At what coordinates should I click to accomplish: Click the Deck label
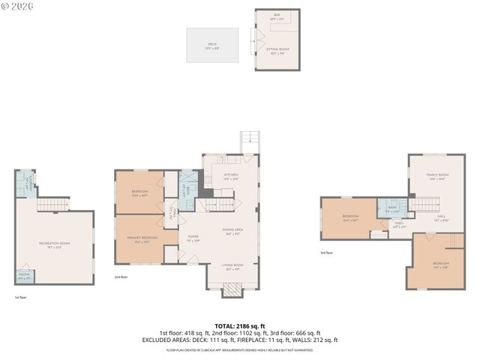click(212, 45)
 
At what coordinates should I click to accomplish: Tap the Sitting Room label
click(277, 50)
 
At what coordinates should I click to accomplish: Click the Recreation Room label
click(55, 244)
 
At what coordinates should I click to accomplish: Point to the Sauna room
click(25, 276)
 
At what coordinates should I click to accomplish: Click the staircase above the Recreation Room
click(52, 204)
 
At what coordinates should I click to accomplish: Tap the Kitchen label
click(230, 176)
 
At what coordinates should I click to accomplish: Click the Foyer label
click(193, 238)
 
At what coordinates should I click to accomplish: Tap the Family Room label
click(436, 176)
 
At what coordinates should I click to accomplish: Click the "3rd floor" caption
click(327, 253)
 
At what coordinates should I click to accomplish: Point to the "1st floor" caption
click(21, 297)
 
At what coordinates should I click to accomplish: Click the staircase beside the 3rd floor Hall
click(426, 204)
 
